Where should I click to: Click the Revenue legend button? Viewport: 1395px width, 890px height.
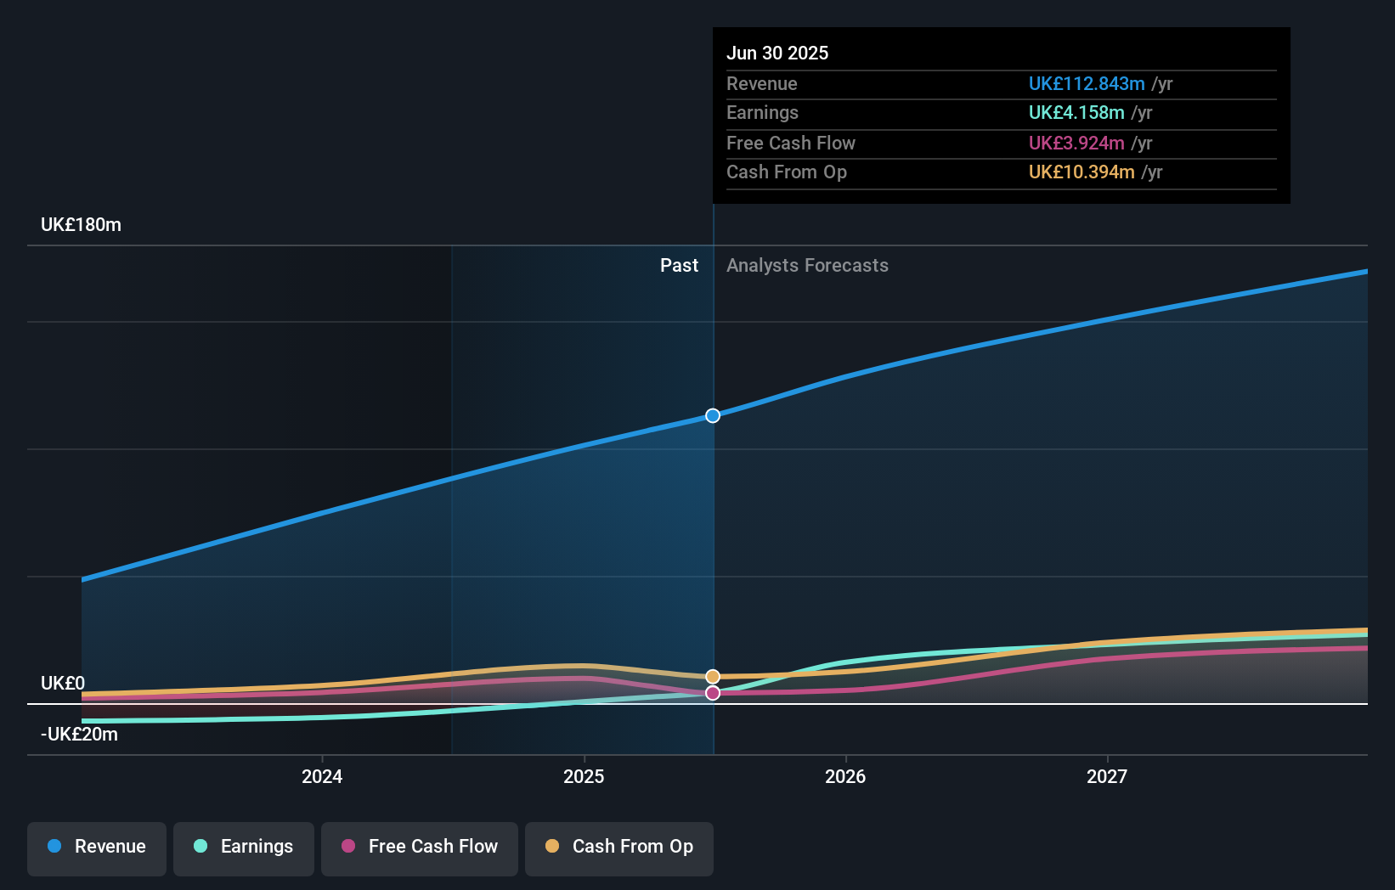(x=97, y=847)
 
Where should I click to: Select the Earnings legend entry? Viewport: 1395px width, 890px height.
(x=244, y=847)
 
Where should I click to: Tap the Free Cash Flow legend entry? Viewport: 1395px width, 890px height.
(x=420, y=847)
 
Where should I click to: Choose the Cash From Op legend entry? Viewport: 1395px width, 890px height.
(x=619, y=847)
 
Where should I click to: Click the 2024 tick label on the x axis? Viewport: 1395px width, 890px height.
(x=322, y=776)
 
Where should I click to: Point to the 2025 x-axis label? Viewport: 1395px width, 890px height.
(x=584, y=776)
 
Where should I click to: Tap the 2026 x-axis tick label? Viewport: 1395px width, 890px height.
(x=845, y=776)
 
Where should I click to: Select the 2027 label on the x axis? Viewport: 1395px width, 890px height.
(x=1107, y=776)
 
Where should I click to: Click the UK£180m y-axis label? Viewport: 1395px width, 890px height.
(x=81, y=225)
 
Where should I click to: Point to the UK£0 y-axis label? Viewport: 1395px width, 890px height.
(x=63, y=684)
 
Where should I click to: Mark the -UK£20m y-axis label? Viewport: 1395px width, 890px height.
(x=79, y=735)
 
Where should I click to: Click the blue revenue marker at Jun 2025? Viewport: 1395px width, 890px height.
(x=713, y=415)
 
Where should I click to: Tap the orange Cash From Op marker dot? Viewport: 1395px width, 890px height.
(x=713, y=677)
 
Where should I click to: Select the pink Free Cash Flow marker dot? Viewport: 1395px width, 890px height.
(x=713, y=693)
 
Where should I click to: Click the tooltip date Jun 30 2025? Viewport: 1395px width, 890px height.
(x=777, y=53)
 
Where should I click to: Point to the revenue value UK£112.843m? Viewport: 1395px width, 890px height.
(x=1087, y=84)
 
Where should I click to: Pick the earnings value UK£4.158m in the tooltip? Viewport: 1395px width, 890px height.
(x=1076, y=113)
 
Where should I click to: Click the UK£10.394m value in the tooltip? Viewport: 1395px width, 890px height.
(x=1082, y=172)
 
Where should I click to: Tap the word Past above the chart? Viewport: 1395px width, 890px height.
(x=679, y=266)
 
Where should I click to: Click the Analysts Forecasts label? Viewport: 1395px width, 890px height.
(x=807, y=266)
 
